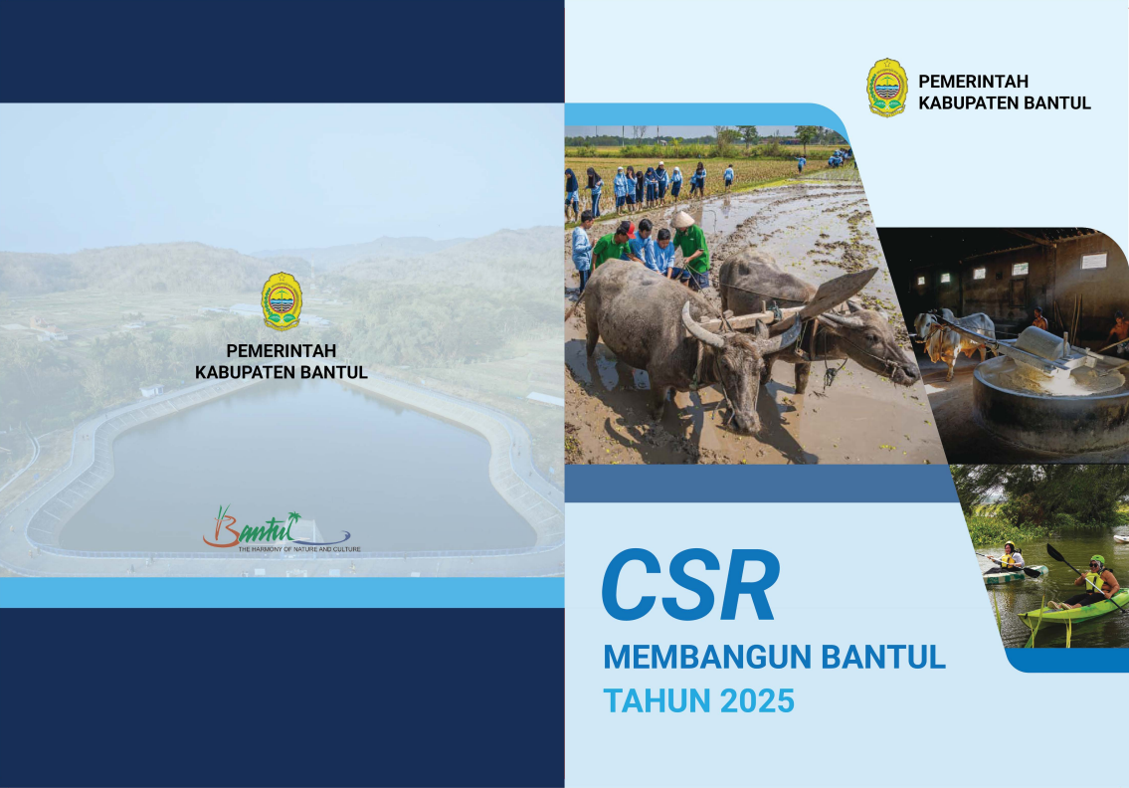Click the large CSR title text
[690, 585]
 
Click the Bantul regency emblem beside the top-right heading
[887, 88]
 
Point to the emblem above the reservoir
[282, 301]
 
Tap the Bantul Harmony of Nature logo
[281, 528]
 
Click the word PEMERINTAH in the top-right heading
[973, 82]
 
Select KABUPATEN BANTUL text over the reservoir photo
[282, 372]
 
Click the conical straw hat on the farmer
[681, 219]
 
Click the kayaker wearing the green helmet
[1093, 581]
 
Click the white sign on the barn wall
[1094, 261]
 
